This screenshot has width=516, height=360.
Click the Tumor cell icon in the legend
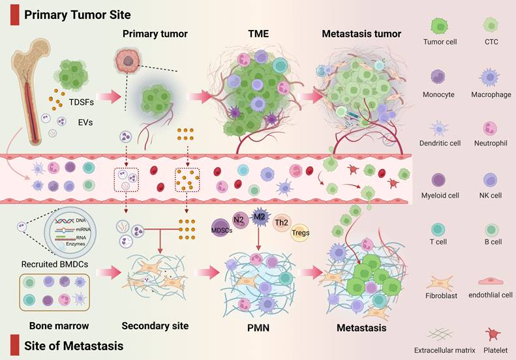click(x=439, y=26)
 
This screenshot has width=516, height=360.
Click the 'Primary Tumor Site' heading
click(x=76, y=14)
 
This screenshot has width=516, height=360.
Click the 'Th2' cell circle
click(x=282, y=222)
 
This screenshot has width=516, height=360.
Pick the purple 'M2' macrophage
click(x=260, y=217)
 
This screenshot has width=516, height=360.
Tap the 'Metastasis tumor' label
click(x=361, y=33)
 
